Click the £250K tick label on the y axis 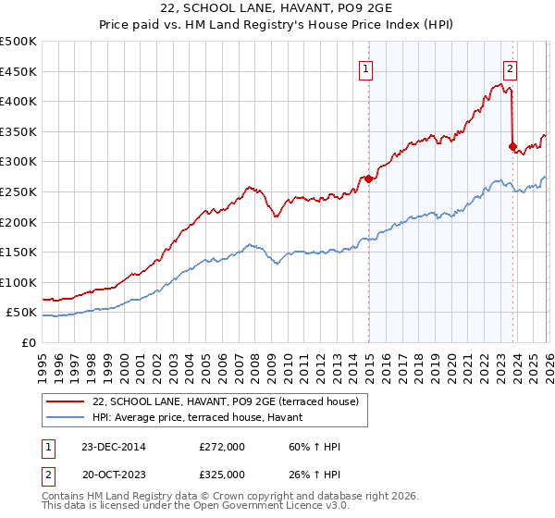pos(18,191)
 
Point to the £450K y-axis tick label pos(18,71)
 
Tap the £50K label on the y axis pos(21,313)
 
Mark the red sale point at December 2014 pos(369,179)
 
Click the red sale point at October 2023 pos(512,146)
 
